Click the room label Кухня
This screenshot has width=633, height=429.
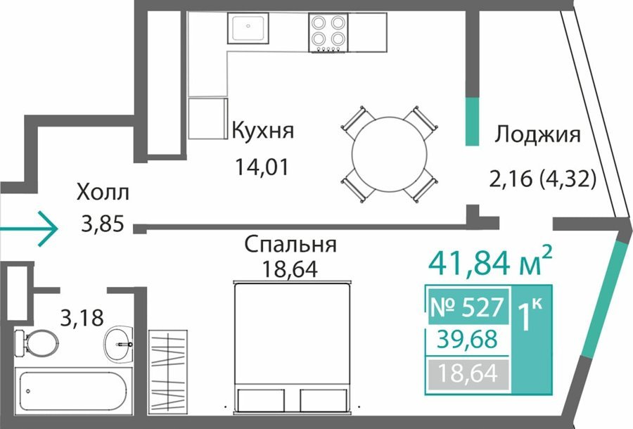coord(263,132)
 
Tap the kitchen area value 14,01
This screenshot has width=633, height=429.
coord(262,167)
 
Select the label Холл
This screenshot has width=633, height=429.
coord(103,192)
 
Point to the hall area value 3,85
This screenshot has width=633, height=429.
coord(102,224)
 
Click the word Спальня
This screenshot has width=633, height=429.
coord(290,245)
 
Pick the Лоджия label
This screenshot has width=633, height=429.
coord(538,134)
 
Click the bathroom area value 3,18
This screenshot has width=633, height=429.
coord(82,318)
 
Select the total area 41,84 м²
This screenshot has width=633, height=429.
coord(490,262)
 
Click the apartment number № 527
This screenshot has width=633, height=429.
coord(468,307)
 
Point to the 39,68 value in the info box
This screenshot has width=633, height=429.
coord(468,340)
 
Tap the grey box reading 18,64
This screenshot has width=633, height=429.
coord(468,374)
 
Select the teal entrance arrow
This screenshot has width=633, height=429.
coord(28,229)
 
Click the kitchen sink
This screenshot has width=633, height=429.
coord(248,27)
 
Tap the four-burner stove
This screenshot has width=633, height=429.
coord(328,32)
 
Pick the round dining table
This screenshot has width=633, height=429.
coord(389,154)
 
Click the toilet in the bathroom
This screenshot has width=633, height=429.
coord(36,343)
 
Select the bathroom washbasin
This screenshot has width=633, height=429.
coord(118,344)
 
